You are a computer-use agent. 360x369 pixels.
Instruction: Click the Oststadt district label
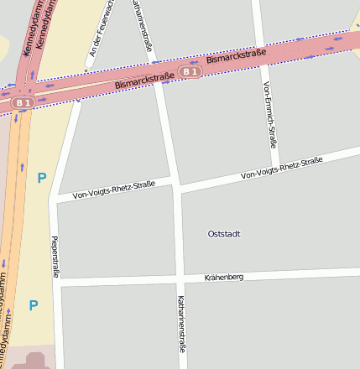224,234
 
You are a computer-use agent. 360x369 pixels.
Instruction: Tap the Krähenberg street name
224,277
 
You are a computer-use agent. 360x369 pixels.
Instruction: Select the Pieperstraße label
56,256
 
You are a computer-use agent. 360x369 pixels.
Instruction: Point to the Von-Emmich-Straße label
269,115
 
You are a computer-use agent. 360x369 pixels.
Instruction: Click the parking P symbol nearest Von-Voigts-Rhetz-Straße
41,178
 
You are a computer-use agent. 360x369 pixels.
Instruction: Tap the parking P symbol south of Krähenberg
34,306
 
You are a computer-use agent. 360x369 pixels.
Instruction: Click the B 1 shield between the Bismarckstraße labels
190,72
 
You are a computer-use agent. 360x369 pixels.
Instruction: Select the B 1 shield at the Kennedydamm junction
22,102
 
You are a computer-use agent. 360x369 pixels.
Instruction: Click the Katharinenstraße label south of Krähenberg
181,323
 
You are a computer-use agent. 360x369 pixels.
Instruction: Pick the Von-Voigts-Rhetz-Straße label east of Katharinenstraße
281,169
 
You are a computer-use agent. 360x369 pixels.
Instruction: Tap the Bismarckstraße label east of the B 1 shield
236,58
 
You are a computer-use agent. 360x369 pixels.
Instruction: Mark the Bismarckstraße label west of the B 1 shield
144,81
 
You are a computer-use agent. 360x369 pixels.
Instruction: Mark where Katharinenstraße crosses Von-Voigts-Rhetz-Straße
175,184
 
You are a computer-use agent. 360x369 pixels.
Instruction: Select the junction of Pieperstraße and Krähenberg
58,283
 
